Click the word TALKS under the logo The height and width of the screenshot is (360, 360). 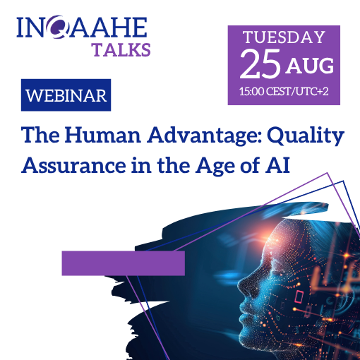point(121,50)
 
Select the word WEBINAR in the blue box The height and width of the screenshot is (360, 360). point(66,95)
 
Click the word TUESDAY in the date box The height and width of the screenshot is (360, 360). point(284,37)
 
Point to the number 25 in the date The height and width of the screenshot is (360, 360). point(260,64)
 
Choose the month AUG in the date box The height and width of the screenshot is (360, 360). point(310,66)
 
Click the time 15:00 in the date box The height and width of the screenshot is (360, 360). point(252,91)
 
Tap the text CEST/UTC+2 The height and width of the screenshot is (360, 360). point(297,91)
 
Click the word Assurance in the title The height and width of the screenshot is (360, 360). point(74,165)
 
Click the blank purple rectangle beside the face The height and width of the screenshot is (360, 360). point(124,263)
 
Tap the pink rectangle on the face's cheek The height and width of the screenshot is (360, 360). point(299,296)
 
